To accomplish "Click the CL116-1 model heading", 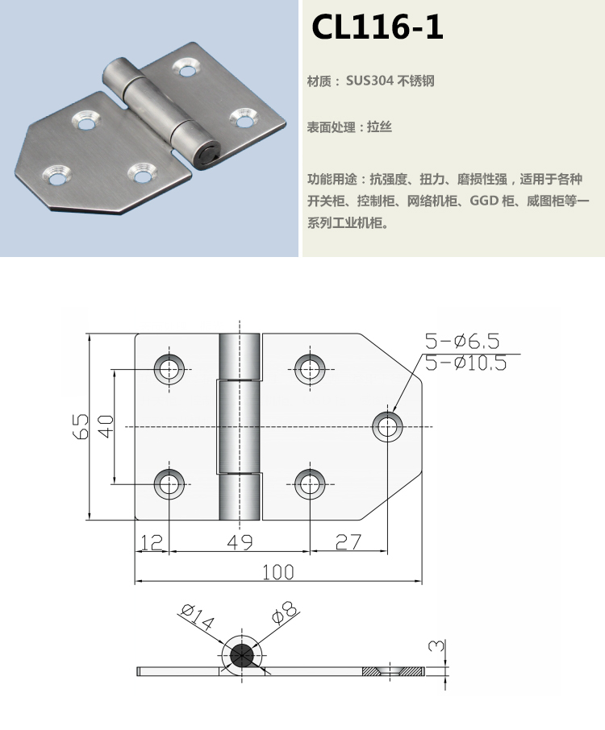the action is point(377,27).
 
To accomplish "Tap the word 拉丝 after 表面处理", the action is point(379,127).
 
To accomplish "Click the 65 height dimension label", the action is point(81,426).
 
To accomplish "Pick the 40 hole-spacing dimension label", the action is point(106,426).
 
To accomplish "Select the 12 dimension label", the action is point(152,542).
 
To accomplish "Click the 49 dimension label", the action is point(240,542).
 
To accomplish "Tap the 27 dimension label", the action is point(348,542).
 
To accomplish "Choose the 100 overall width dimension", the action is point(277,572).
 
